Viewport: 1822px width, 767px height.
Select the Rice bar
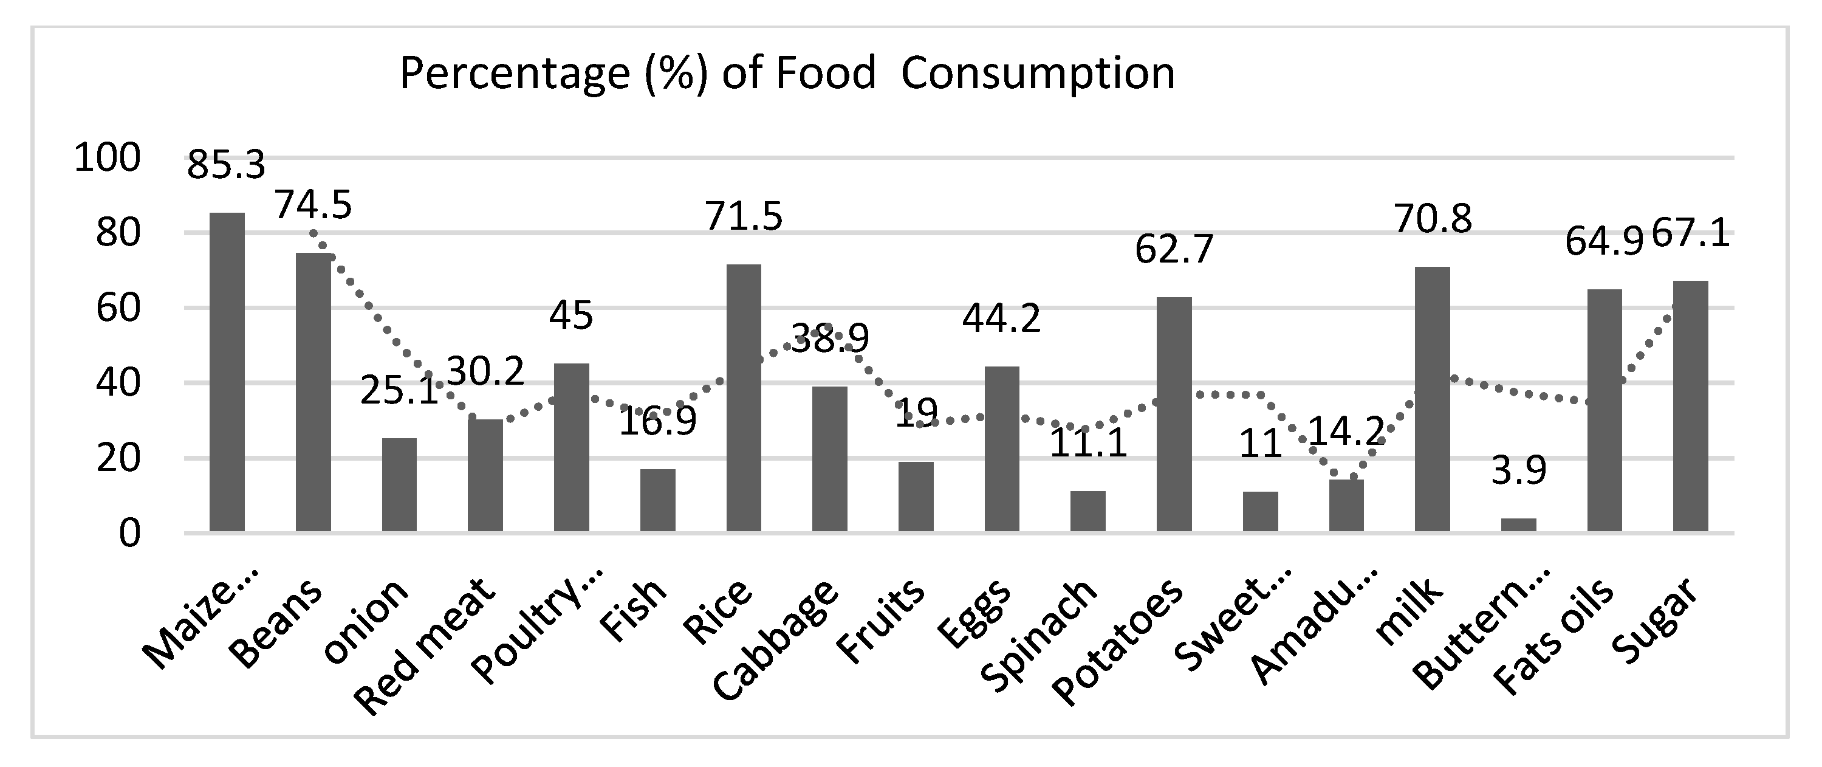[744, 397]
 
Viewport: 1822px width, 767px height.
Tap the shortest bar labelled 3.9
[1519, 525]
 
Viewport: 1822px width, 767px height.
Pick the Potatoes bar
[1174, 414]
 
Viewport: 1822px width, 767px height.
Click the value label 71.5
[744, 216]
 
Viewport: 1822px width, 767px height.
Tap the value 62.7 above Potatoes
[1174, 249]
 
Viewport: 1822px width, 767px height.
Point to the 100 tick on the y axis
[108, 158]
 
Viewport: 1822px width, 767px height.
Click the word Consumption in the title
[1038, 74]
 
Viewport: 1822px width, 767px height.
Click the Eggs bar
[1002, 449]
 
